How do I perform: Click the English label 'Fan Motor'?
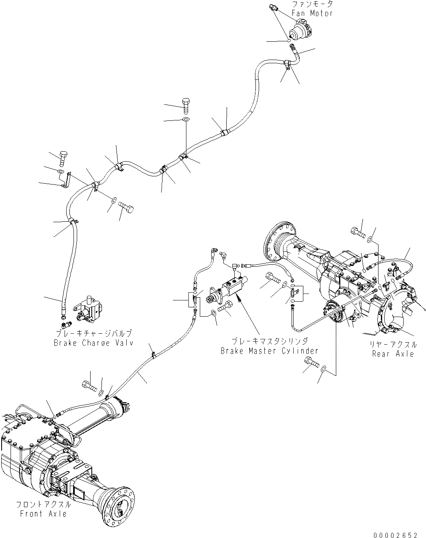(x=312, y=13)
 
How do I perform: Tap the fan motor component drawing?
(x=301, y=33)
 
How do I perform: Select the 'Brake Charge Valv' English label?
(x=94, y=343)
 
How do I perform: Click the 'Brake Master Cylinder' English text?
(x=269, y=351)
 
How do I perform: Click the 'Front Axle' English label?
(x=44, y=514)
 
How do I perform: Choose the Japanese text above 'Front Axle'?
(x=44, y=505)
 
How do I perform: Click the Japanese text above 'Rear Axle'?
(x=393, y=345)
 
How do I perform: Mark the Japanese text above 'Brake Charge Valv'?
(x=94, y=334)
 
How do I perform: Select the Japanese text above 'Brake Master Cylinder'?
(x=269, y=342)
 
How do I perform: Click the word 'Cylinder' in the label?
(x=301, y=351)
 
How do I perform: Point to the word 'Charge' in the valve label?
(x=95, y=343)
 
